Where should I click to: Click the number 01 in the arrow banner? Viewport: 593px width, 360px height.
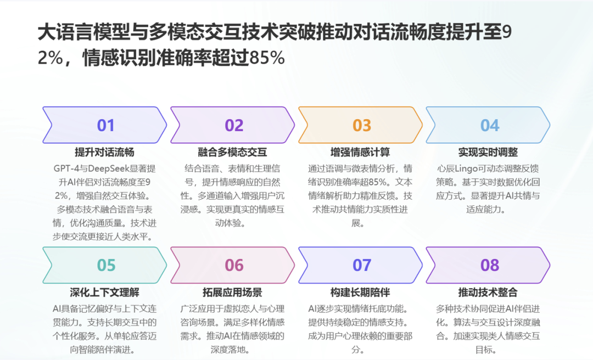pos(105,125)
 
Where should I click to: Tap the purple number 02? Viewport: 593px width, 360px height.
pos(234,125)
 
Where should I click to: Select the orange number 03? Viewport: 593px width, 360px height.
pos(362,125)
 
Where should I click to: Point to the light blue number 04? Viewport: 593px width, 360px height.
pos(490,125)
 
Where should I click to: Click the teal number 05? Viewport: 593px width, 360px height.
pos(106,266)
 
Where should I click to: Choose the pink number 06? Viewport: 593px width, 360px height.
pos(234,266)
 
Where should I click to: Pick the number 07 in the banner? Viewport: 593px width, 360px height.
pos(362,266)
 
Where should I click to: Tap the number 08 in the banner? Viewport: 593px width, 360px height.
pos(490,266)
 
